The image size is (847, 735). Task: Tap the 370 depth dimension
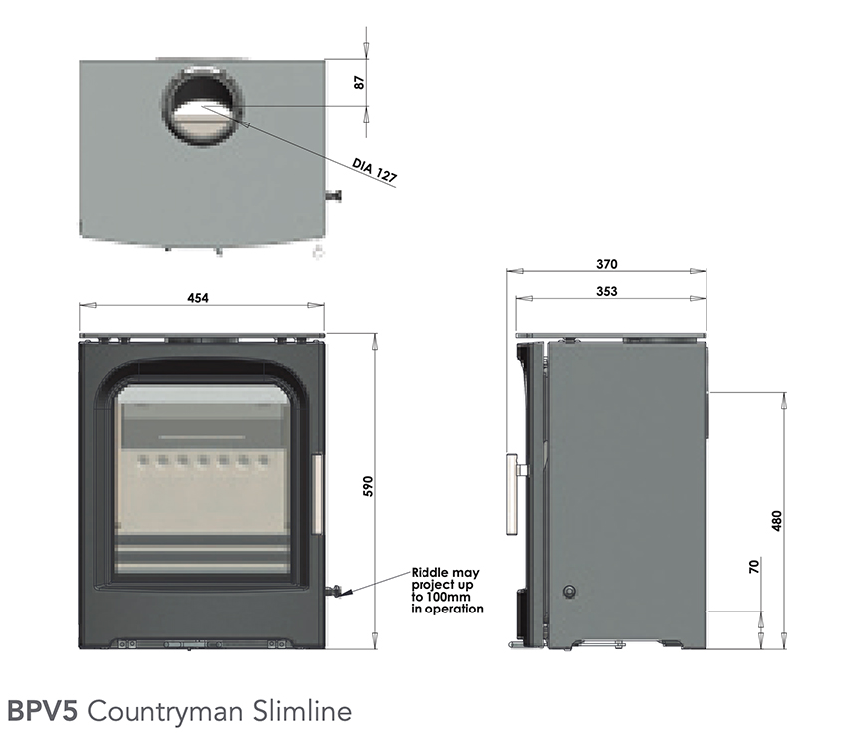[x=607, y=264]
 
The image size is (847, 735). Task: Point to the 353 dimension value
[x=607, y=291]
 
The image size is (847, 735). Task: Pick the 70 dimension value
[x=754, y=567]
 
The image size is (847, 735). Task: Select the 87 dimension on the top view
[x=361, y=82]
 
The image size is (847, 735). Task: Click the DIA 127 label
[x=375, y=170]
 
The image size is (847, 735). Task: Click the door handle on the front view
[x=316, y=495]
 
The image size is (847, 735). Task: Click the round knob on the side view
[x=569, y=591]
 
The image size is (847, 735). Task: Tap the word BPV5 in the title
[x=43, y=711]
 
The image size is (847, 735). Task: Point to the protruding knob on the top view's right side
[x=335, y=196]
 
